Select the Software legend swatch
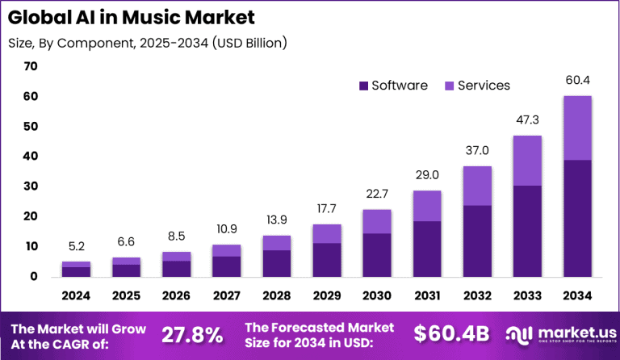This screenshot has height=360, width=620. click(362, 86)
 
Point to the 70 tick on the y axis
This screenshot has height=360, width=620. click(31, 66)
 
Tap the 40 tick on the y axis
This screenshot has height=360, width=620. click(31, 156)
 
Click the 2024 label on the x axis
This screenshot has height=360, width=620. click(77, 295)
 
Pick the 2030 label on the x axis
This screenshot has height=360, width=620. click(376, 295)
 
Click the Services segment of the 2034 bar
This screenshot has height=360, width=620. click(576, 128)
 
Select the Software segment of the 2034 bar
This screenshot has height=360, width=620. click(576, 218)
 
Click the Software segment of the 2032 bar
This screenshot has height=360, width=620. click(476, 241)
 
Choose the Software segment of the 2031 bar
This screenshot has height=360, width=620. click(426, 249)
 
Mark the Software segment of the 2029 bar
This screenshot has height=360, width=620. click(326, 259)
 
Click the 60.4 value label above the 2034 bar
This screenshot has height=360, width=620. click(576, 80)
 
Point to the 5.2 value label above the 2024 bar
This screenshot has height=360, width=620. click(77, 247)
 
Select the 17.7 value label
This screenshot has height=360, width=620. click(326, 209)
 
